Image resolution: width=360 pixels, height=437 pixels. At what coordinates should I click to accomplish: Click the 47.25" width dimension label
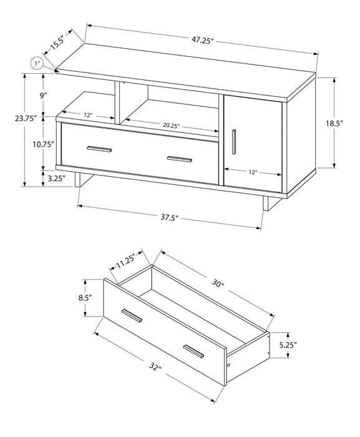(x=203, y=40)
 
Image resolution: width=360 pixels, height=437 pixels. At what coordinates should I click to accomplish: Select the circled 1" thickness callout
(x=37, y=63)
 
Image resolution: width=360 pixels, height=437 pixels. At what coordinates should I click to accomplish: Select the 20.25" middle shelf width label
(x=171, y=125)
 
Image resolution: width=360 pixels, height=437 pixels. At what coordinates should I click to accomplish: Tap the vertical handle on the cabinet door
(x=233, y=140)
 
